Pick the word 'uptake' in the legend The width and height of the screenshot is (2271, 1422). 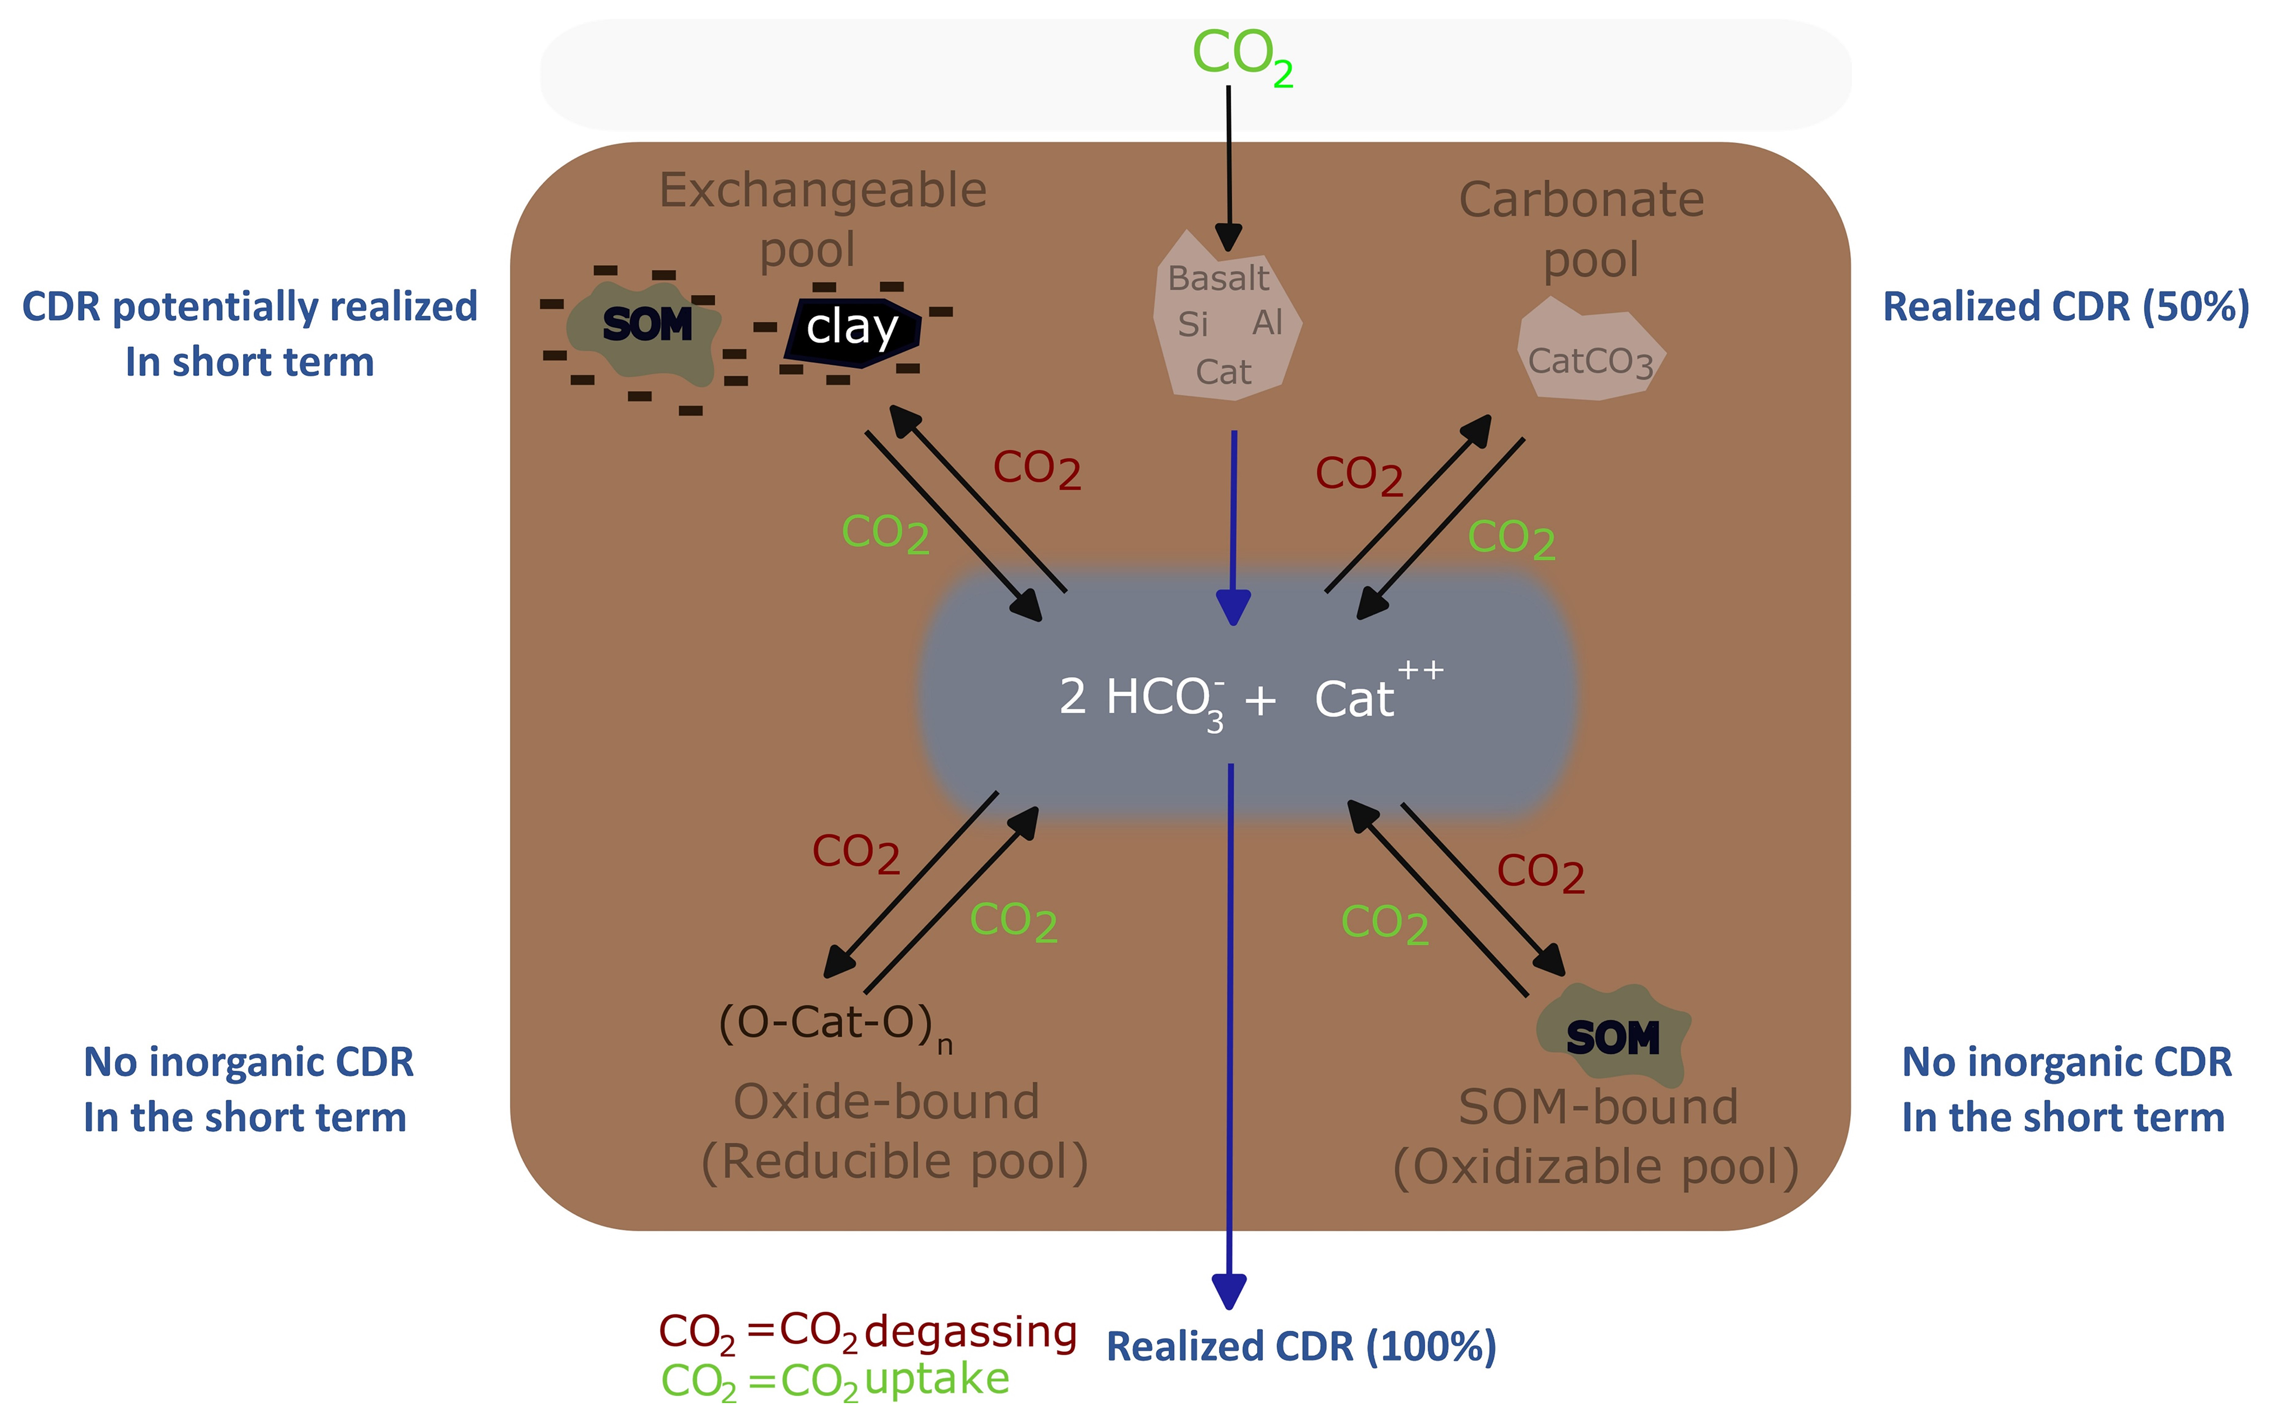[936, 1379]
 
